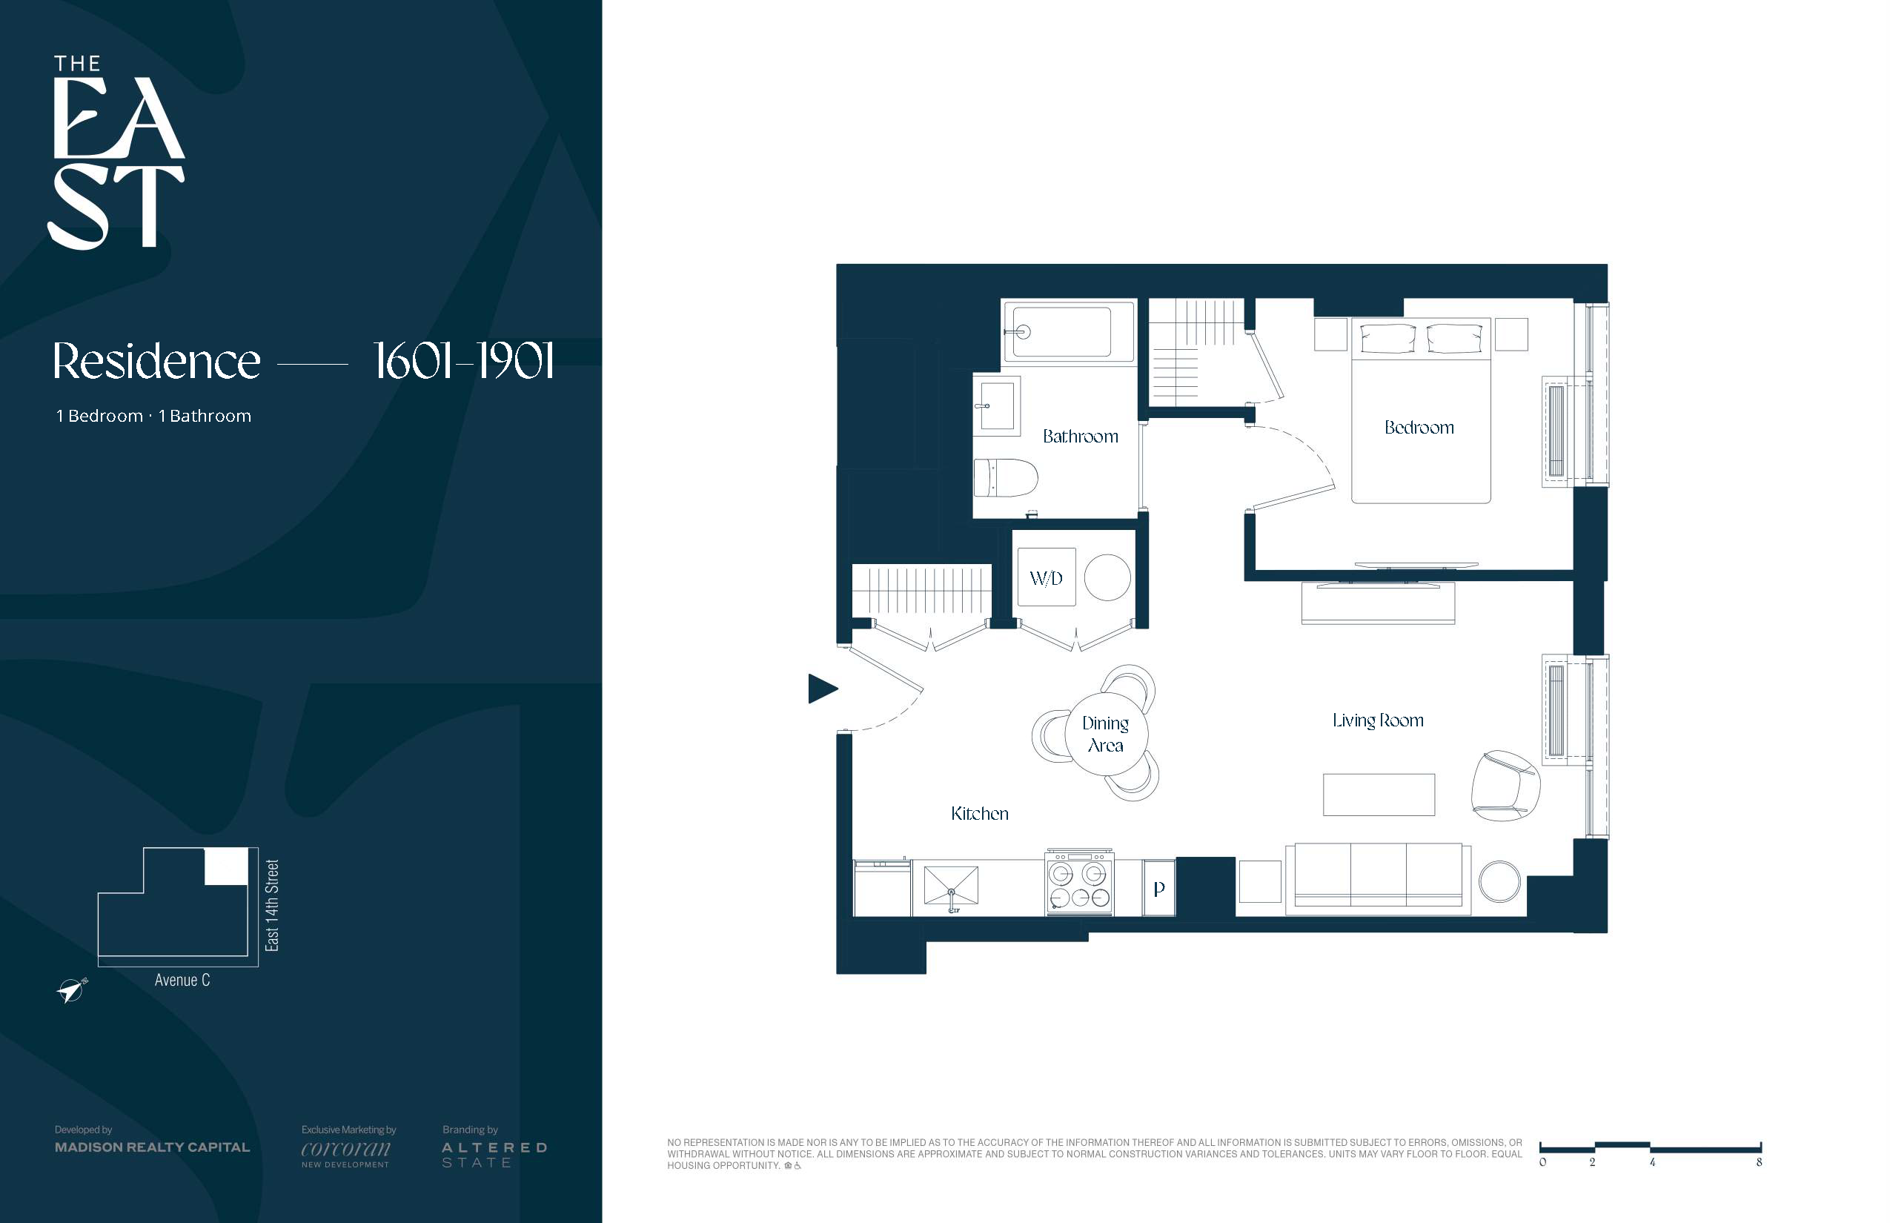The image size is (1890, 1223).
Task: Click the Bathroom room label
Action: [1080, 436]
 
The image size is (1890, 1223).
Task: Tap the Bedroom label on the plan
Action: [1419, 427]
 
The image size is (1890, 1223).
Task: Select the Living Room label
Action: [1378, 720]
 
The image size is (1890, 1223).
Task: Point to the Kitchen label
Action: [979, 813]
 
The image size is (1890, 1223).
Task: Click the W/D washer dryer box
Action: [1047, 577]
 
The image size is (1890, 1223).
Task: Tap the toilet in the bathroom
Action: [1005, 477]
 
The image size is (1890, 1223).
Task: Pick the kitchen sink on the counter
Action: [950, 887]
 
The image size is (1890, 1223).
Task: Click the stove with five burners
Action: [1080, 884]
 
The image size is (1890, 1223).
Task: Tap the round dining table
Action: [1105, 734]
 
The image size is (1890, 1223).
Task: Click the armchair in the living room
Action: [1505, 786]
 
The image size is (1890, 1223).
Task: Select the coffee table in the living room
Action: [1379, 794]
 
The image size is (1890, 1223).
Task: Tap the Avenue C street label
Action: [182, 980]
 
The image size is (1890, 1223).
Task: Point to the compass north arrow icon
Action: [71, 990]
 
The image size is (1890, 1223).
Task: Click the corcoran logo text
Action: [345, 1148]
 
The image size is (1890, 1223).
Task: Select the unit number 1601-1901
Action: [463, 362]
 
